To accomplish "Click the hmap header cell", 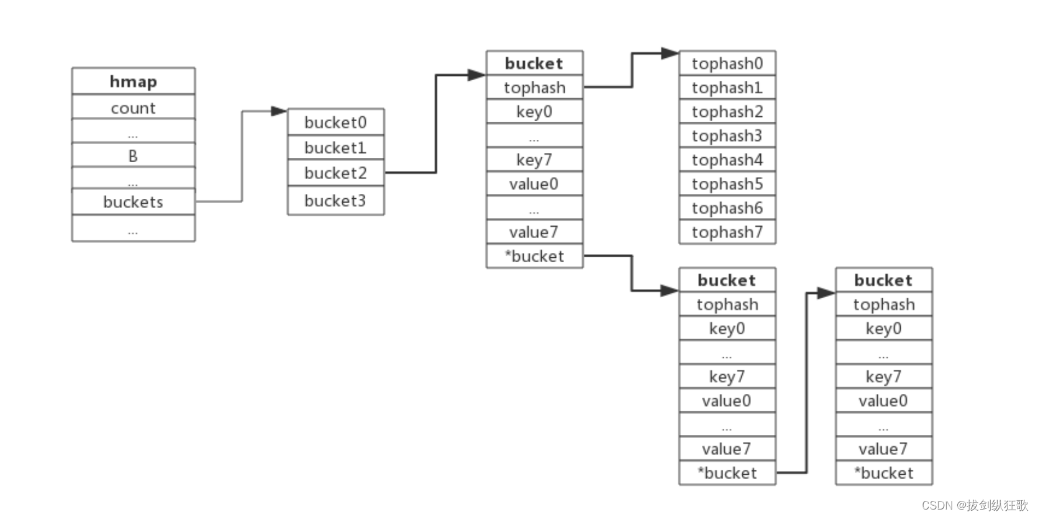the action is pyautogui.click(x=134, y=81).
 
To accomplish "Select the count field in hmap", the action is pyautogui.click(x=134, y=108).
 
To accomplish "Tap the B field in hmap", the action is pyautogui.click(x=134, y=155).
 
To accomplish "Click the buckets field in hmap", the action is pyautogui.click(x=134, y=202).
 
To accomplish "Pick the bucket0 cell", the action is pyautogui.click(x=336, y=122).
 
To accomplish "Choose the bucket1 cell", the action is pyautogui.click(x=336, y=147).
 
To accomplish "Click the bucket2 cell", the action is pyautogui.click(x=336, y=173).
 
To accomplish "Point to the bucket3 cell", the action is pyautogui.click(x=336, y=201).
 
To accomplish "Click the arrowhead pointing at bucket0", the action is pyautogui.click(x=278, y=111).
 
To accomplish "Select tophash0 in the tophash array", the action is pyautogui.click(x=727, y=63).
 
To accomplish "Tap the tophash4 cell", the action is pyautogui.click(x=727, y=160).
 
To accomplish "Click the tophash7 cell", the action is pyautogui.click(x=727, y=232).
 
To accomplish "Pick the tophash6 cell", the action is pyautogui.click(x=727, y=208).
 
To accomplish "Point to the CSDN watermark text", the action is pyautogui.click(x=975, y=505).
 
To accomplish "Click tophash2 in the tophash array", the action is pyautogui.click(x=727, y=111).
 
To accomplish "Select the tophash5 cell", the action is pyautogui.click(x=727, y=183).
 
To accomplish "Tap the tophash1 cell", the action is pyautogui.click(x=727, y=87).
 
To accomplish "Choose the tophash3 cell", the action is pyautogui.click(x=727, y=135).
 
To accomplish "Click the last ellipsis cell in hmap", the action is pyautogui.click(x=134, y=228).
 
